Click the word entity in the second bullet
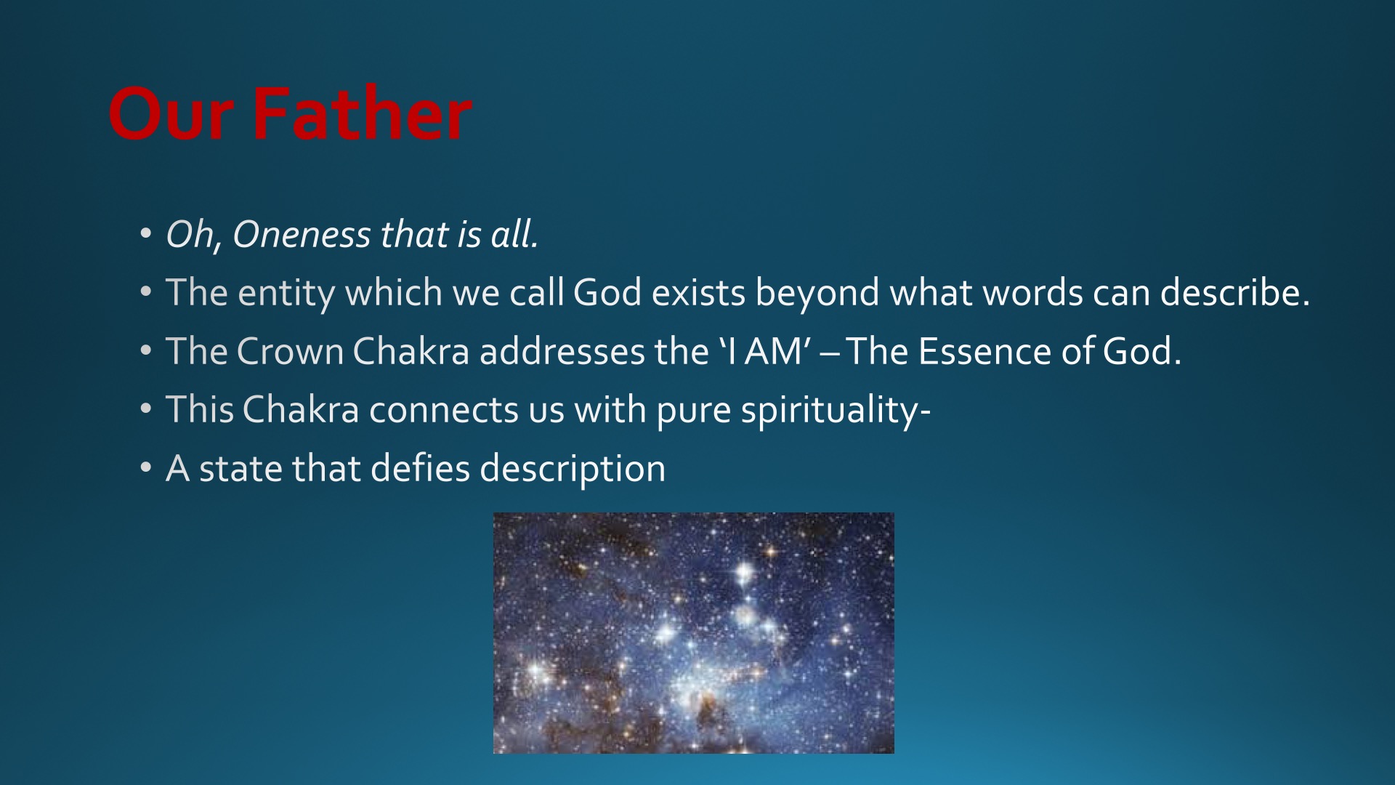click(x=286, y=294)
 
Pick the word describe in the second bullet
click(x=1234, y=292)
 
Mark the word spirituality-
click(x=836, y=411)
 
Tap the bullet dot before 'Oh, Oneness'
click(x=146, y=234)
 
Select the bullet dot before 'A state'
click(x=146, y=468)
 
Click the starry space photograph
click(x=693, y=632)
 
